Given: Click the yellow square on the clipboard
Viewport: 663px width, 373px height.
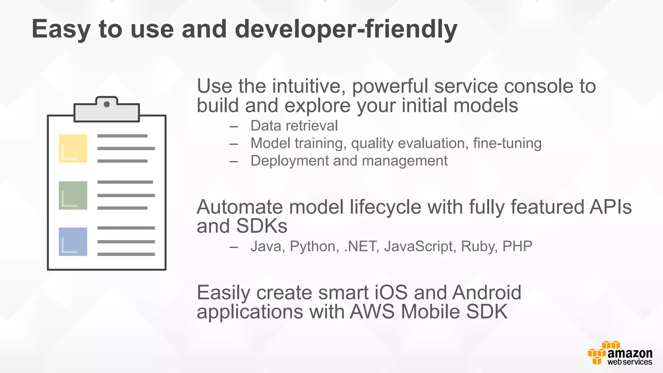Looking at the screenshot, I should click(x=73, y=148).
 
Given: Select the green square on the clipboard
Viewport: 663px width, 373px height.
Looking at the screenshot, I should click(x=73, y=195).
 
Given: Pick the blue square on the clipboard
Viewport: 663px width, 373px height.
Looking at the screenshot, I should click(x=73, y=242).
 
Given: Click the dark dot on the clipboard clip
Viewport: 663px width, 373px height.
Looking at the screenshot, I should click(x=107, y=104).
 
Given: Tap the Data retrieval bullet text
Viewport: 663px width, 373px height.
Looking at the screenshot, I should click(x=294, y=126).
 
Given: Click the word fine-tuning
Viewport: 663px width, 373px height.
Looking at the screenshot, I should click(x=507, y=143).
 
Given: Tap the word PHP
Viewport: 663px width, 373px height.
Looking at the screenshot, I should click(x=517, y=246).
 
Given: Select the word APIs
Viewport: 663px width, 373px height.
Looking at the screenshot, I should click(x=610, y=207).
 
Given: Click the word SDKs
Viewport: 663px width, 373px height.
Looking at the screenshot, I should click(x=262, y=226).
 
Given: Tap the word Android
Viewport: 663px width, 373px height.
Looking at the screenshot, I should click(x=487, y=292).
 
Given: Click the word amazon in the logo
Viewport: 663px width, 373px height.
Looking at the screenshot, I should click(x=630, y=353).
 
